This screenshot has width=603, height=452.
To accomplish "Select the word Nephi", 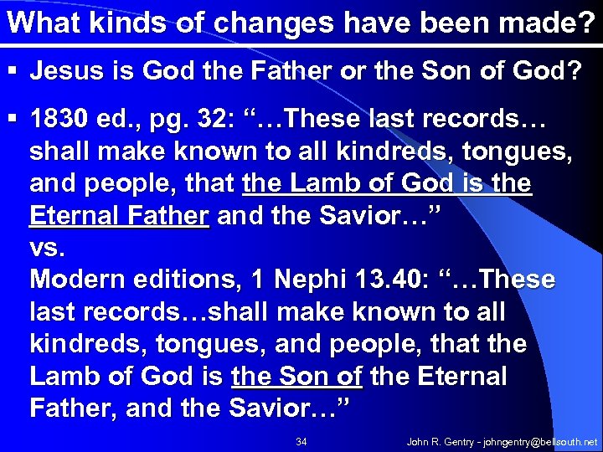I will click(x=312, y=280).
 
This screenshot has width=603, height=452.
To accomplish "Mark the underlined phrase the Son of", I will click(x=296, y=377).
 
